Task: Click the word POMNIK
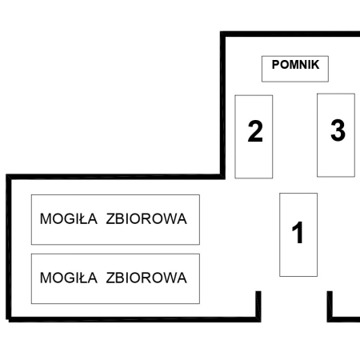295,65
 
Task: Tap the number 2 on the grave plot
255,131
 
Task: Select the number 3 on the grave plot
338,130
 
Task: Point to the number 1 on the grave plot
298,233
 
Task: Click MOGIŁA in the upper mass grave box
69,219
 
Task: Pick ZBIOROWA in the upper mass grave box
146,219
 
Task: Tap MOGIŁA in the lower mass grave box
69,278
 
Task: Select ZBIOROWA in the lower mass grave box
146,278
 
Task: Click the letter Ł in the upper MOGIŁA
82,219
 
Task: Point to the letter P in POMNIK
276,65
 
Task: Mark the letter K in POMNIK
315,65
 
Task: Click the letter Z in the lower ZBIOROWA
110,278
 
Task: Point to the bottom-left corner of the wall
9,319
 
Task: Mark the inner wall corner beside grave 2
222,176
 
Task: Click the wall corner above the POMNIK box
223,34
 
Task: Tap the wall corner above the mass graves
9,177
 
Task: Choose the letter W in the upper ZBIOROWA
170,219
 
